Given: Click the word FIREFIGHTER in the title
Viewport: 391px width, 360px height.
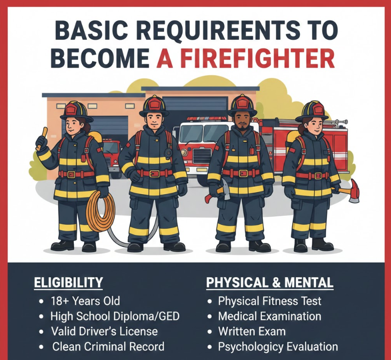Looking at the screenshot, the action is [x=257, y=58].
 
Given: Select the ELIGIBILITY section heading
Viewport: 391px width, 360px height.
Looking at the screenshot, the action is [x=68, y=282].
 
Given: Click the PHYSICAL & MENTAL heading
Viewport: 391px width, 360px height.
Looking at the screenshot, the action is [x=270, y=282].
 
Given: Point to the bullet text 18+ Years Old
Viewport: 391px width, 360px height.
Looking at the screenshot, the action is [x=85, y=301].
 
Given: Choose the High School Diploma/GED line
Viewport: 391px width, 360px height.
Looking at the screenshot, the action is [x=115, y=316].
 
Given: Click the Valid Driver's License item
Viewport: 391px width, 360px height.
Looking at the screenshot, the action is [x=104, y=331].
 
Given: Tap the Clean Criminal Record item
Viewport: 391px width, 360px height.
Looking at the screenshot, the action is [x=108, y=347].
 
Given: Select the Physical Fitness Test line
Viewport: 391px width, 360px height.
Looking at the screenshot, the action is [x=270, y=301].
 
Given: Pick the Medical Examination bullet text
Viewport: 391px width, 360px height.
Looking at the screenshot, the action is [x=270, y=316].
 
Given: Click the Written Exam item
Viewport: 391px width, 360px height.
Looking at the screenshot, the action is [x=252, y=331].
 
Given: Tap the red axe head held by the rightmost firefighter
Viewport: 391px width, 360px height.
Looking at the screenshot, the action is [x=354, y=191].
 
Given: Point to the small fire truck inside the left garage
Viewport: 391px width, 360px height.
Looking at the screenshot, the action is [x=111, y=156].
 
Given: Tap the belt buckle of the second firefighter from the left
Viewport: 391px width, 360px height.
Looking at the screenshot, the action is [x=154, y=174].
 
